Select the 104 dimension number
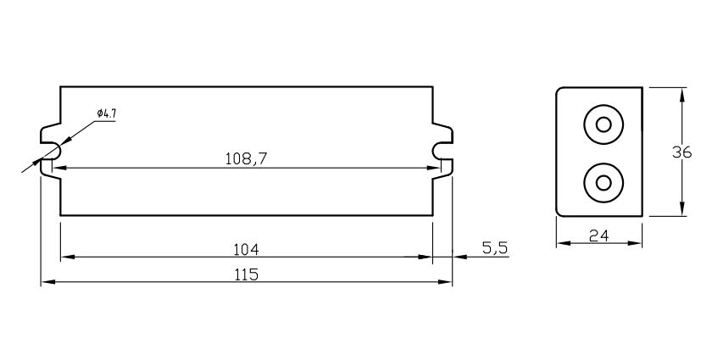click(246, 249)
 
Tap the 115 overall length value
click(246, 274)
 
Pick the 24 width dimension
click(599, 236)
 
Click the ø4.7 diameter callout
click(106, 114)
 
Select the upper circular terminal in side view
click(603, 125)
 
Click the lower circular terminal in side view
click(603, 182)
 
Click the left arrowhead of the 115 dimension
click(47, 282)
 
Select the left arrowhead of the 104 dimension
click(66, 257)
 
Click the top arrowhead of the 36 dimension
click(682, 93)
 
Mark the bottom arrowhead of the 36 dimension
click(682, 210)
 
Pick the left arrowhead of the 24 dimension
click(562, 244)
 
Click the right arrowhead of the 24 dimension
click(637, 244)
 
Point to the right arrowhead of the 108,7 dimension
click(435, 168)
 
